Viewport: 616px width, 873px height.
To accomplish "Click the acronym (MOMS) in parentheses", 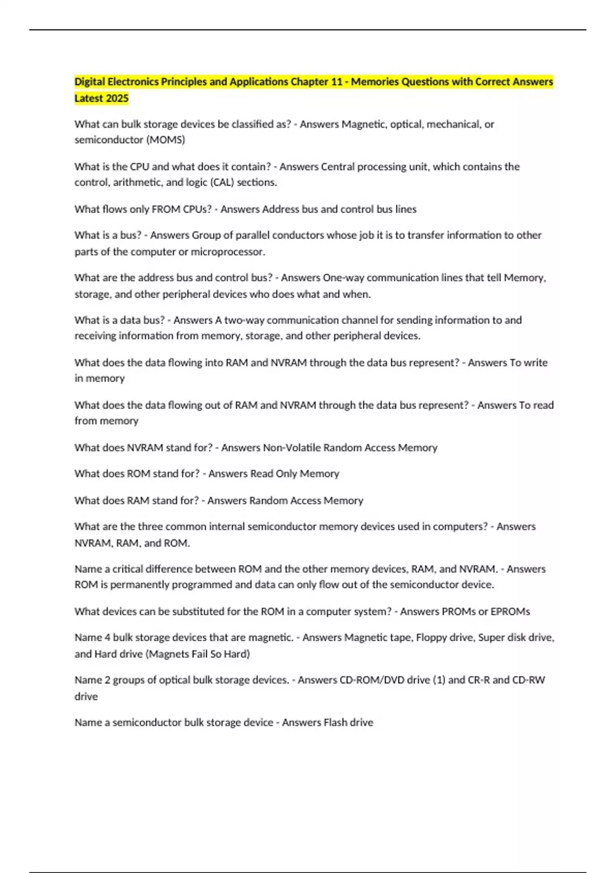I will [166, 140].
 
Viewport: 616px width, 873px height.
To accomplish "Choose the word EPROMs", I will [510, 612].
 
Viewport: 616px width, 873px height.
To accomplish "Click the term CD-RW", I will [529, 680].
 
